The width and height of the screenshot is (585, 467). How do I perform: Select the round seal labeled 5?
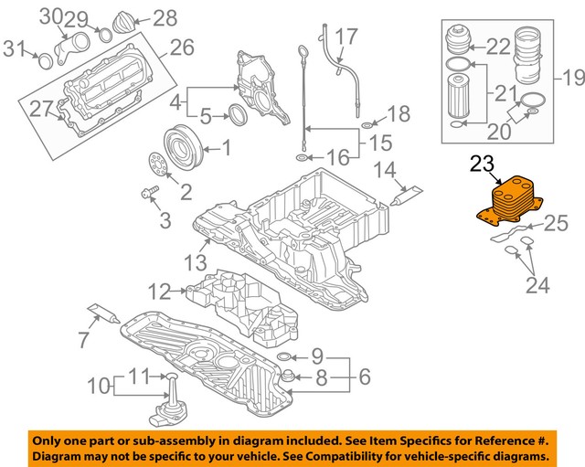click(x=236, y=116)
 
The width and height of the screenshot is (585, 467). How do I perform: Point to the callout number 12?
click(x=159, y=292)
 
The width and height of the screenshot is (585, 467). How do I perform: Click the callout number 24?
click(x=537, y=286)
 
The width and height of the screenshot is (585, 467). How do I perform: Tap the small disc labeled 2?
click(x=156, y=166)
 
